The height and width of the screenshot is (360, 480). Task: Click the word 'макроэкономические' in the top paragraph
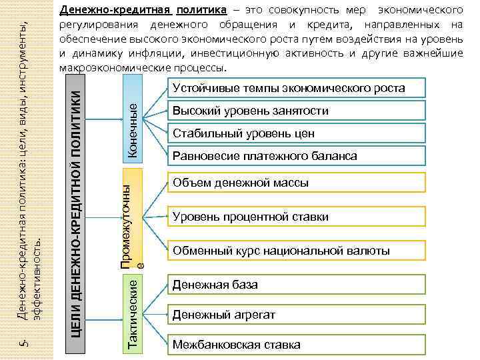(x=113, y=69)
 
